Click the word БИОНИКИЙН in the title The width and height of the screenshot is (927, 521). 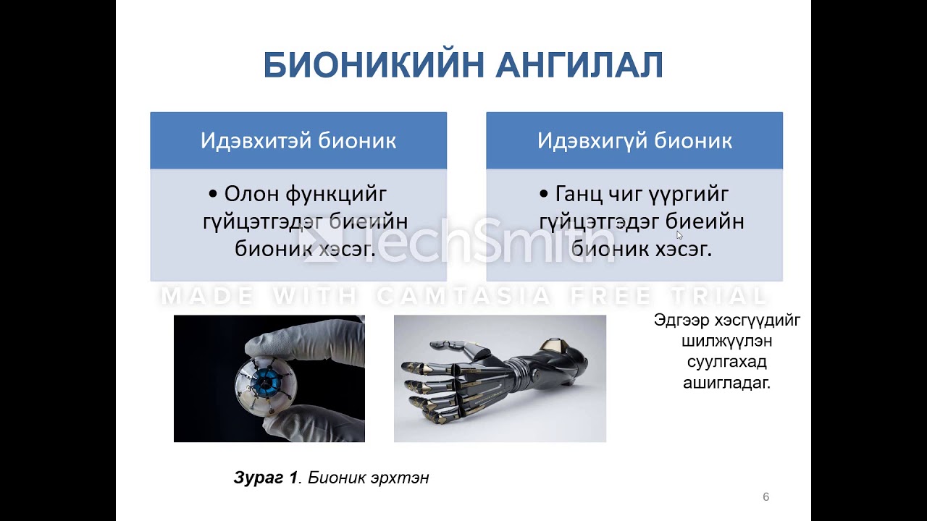coord(373,66)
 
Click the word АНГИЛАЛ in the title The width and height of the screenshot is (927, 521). coord(579,66)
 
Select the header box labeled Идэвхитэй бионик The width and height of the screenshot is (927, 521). coord(298,140)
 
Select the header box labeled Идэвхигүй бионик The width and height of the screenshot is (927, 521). coord(634,140)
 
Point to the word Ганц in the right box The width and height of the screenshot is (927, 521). coord(580,194)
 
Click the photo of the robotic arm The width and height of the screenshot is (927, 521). coord(500,378)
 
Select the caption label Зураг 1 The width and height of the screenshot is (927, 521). coord(266,478)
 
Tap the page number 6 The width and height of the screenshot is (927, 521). coord(765,497)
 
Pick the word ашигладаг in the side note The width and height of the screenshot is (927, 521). coord(726,383)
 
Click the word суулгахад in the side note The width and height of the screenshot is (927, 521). coord(726,362)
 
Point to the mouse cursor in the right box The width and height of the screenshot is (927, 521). coord(679,234)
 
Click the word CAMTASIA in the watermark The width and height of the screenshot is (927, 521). coord(463,295)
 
